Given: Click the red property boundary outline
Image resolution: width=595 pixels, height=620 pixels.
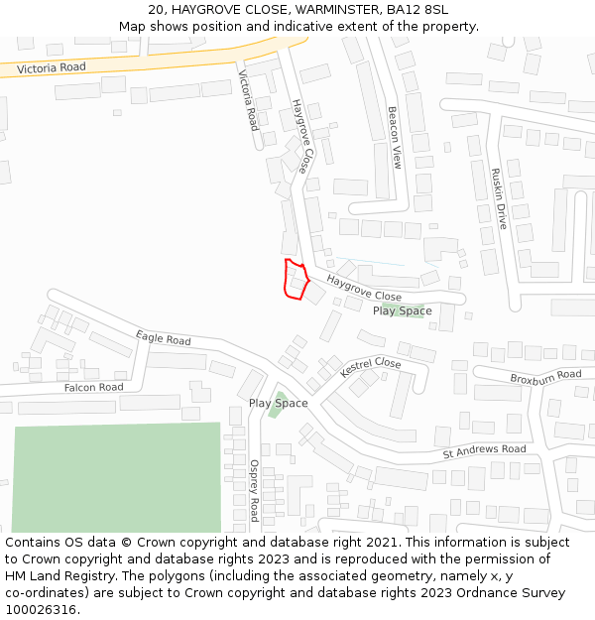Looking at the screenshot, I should coord(296,279).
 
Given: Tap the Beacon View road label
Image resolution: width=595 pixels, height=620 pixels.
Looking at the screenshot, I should coord(394,138).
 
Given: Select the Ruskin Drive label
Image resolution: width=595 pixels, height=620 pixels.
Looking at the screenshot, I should coord(499,198).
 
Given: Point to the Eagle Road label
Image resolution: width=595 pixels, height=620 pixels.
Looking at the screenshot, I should coord(164,339).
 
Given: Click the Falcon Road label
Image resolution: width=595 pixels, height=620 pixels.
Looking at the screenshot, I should coord(93,388).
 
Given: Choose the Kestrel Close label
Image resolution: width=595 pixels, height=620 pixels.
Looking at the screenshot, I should coord(370,368).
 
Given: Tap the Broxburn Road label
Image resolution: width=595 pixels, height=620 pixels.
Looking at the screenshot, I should coord(545,377).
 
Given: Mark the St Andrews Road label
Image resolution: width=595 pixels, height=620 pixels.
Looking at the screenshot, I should coord(484,450).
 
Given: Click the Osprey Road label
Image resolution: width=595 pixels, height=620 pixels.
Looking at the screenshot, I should coord(254,490).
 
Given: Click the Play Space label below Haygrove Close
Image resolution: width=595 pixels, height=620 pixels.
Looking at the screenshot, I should coord(402,311).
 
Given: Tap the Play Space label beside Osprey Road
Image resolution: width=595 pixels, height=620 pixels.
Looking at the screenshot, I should coord(278,404).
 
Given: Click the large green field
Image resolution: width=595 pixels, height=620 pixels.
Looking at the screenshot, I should coord(117,477).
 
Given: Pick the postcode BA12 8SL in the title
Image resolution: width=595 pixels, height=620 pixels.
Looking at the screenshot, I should coord(417,10).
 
